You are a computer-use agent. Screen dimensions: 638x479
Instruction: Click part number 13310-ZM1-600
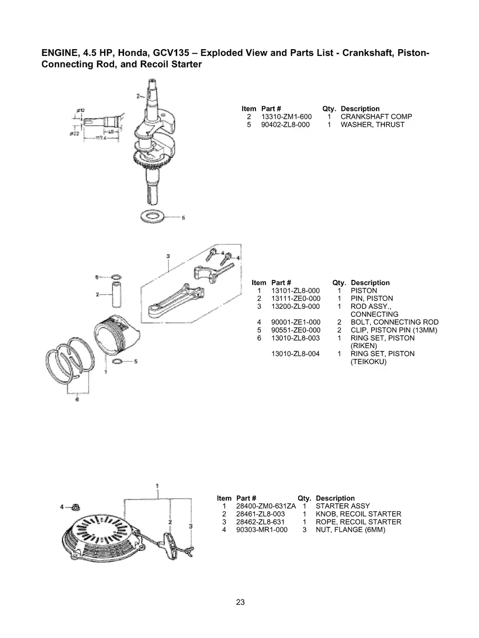[x=286, y=117]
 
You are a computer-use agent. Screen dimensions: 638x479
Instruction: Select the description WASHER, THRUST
[x=372, y=125]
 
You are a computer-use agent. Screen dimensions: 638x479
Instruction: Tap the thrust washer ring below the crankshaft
[x=153, y=216]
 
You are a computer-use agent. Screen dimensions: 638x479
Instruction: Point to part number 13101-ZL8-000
[x=295, y=290]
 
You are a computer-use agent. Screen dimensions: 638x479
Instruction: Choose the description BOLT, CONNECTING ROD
[x=394, y=322]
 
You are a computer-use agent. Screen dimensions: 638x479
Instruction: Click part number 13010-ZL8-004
[x=295, y=354]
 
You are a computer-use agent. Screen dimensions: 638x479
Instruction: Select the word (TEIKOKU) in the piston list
[x=369, y=362]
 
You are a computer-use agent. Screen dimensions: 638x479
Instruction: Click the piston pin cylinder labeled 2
[x=116, y=293]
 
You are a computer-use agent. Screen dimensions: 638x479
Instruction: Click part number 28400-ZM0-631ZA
[x=266, y=506]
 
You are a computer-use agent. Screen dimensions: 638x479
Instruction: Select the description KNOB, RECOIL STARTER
[x=358, y=514]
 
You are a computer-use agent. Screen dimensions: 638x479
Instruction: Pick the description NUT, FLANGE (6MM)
[x=350, y=530]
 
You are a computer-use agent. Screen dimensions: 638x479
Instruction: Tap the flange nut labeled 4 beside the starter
[x=76, y=507]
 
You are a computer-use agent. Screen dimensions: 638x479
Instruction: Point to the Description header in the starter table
[x=335, y=498]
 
